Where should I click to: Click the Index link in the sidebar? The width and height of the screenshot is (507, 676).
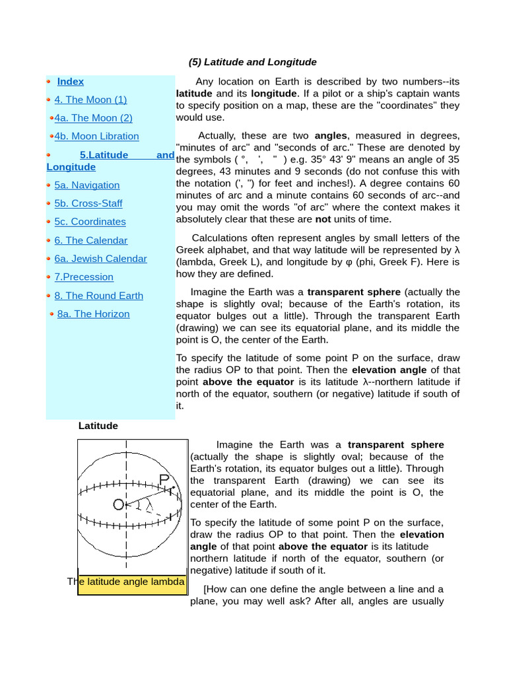click(70, 81)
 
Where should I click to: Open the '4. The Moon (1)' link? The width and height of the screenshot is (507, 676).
click(90, 100)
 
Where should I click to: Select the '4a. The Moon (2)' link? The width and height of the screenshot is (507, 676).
click(93, 118)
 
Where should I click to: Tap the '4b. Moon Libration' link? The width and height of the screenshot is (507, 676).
click(96, 136)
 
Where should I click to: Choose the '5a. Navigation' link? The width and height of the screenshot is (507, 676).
click(87, 186)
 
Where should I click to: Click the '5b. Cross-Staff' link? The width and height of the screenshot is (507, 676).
click(88, 203)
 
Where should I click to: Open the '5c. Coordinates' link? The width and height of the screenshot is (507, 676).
click(90, 222)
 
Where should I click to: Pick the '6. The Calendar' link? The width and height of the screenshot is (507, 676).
click(91, 240)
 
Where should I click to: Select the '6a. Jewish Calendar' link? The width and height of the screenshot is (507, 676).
click(100, 259)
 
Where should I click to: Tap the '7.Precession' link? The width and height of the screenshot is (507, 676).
click(84, 277)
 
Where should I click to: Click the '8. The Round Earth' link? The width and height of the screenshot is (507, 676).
click(98, 296)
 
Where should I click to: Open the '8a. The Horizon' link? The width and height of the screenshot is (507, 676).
click(93, 314)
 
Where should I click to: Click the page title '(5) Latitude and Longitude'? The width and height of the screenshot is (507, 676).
click(252, 62)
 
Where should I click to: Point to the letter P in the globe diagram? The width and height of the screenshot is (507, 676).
click(164, 479)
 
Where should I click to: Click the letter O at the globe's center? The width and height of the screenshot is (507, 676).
click(118, 505)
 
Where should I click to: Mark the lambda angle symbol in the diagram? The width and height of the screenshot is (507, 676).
click(149, 506)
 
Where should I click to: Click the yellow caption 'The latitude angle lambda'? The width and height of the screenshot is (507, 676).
click(132, 582)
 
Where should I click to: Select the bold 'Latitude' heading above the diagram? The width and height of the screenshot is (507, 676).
click(98, 426)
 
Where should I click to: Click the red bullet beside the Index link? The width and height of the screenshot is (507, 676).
click(49, 81)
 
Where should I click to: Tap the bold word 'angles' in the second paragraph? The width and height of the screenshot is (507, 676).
click(330, 136)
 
